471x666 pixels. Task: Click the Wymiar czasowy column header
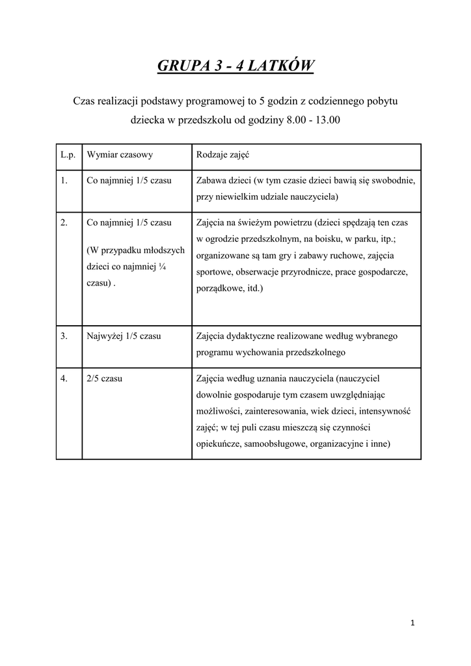pos(120,156)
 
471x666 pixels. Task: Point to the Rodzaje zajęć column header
pos(222,156)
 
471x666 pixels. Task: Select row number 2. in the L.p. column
pos(64,222)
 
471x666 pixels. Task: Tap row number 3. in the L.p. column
pos(64,336)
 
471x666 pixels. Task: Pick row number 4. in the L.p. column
pos(64,378)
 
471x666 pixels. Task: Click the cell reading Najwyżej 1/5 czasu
pos(124,336)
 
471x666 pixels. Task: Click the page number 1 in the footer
pos(412,623)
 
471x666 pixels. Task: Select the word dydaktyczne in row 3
pos(252,336)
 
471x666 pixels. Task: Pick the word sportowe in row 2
pos(213,272)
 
